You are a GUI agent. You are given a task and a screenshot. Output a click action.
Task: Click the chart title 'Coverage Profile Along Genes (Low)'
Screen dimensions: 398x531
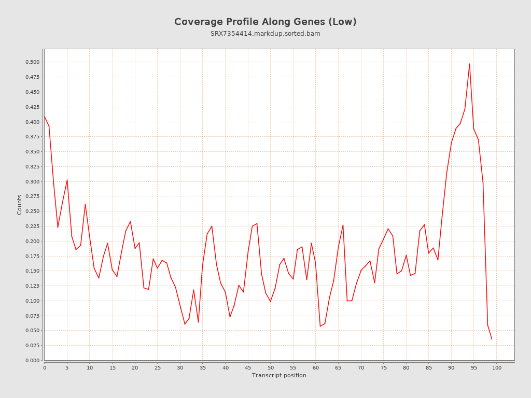click(x=265, y=22)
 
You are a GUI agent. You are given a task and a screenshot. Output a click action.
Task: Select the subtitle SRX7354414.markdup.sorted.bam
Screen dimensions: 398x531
click(x=265, y=34)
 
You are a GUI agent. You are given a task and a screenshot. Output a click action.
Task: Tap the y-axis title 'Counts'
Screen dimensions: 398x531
click(x=20, y=205)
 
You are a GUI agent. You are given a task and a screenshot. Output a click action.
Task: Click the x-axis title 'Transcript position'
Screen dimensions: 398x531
click(x=279, y=375)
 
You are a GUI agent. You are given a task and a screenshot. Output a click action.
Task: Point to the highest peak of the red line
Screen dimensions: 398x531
click(x=469, y=64)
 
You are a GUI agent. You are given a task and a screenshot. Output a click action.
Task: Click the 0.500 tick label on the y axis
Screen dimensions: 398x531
click(x=32, y=62)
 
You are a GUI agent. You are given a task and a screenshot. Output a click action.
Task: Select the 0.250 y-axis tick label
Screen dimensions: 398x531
click(x=32, y=211)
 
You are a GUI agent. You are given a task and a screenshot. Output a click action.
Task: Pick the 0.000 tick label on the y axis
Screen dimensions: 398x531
click(x=32, y=361)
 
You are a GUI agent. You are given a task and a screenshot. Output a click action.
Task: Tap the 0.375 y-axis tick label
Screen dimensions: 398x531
click(x=32, y=137)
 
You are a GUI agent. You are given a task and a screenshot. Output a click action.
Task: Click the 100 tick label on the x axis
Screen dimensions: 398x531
click(x=497, y=368)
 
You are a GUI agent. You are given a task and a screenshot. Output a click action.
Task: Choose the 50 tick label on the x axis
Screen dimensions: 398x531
click(x=271, y=368)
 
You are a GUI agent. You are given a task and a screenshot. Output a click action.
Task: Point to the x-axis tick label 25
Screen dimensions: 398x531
click(x=158, y=368)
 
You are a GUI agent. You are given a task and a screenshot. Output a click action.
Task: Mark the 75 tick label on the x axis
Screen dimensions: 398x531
click(x=384, y=368)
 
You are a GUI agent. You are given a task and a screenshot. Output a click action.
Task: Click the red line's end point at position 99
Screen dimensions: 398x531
click(x=492, y=339)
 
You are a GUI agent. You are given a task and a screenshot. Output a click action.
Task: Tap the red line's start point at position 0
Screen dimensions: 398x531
click(x=45, y=116)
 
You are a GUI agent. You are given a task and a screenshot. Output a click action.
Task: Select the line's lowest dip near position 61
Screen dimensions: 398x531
click(x=320, y=326)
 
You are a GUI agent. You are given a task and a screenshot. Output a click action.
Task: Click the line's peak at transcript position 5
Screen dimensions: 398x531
click(x=67, y=180)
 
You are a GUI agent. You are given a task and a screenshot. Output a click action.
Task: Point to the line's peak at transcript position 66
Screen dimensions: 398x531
click(x=343, y=225)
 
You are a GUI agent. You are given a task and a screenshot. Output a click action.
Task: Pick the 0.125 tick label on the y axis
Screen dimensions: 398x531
click(x=32, y=286)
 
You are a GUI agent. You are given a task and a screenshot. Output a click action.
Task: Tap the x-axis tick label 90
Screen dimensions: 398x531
click(x=451, y=368)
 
